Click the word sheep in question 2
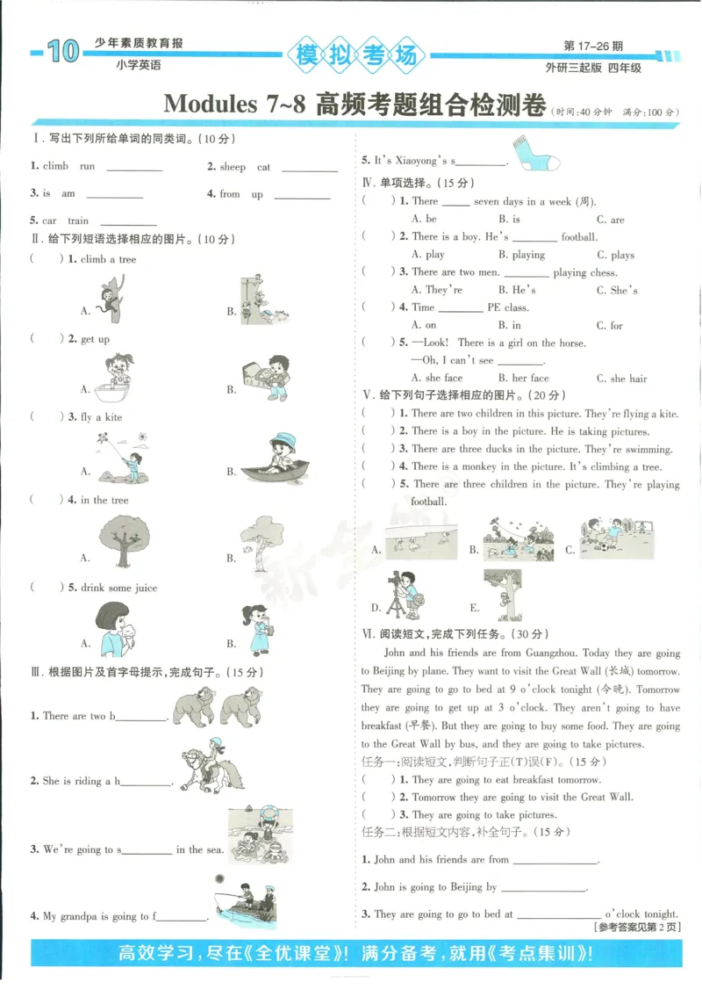[233, 167]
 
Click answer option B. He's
[517, 290]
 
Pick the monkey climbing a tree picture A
[111, 297]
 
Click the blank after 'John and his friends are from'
[554, 862]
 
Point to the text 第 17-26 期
[593, 46]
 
